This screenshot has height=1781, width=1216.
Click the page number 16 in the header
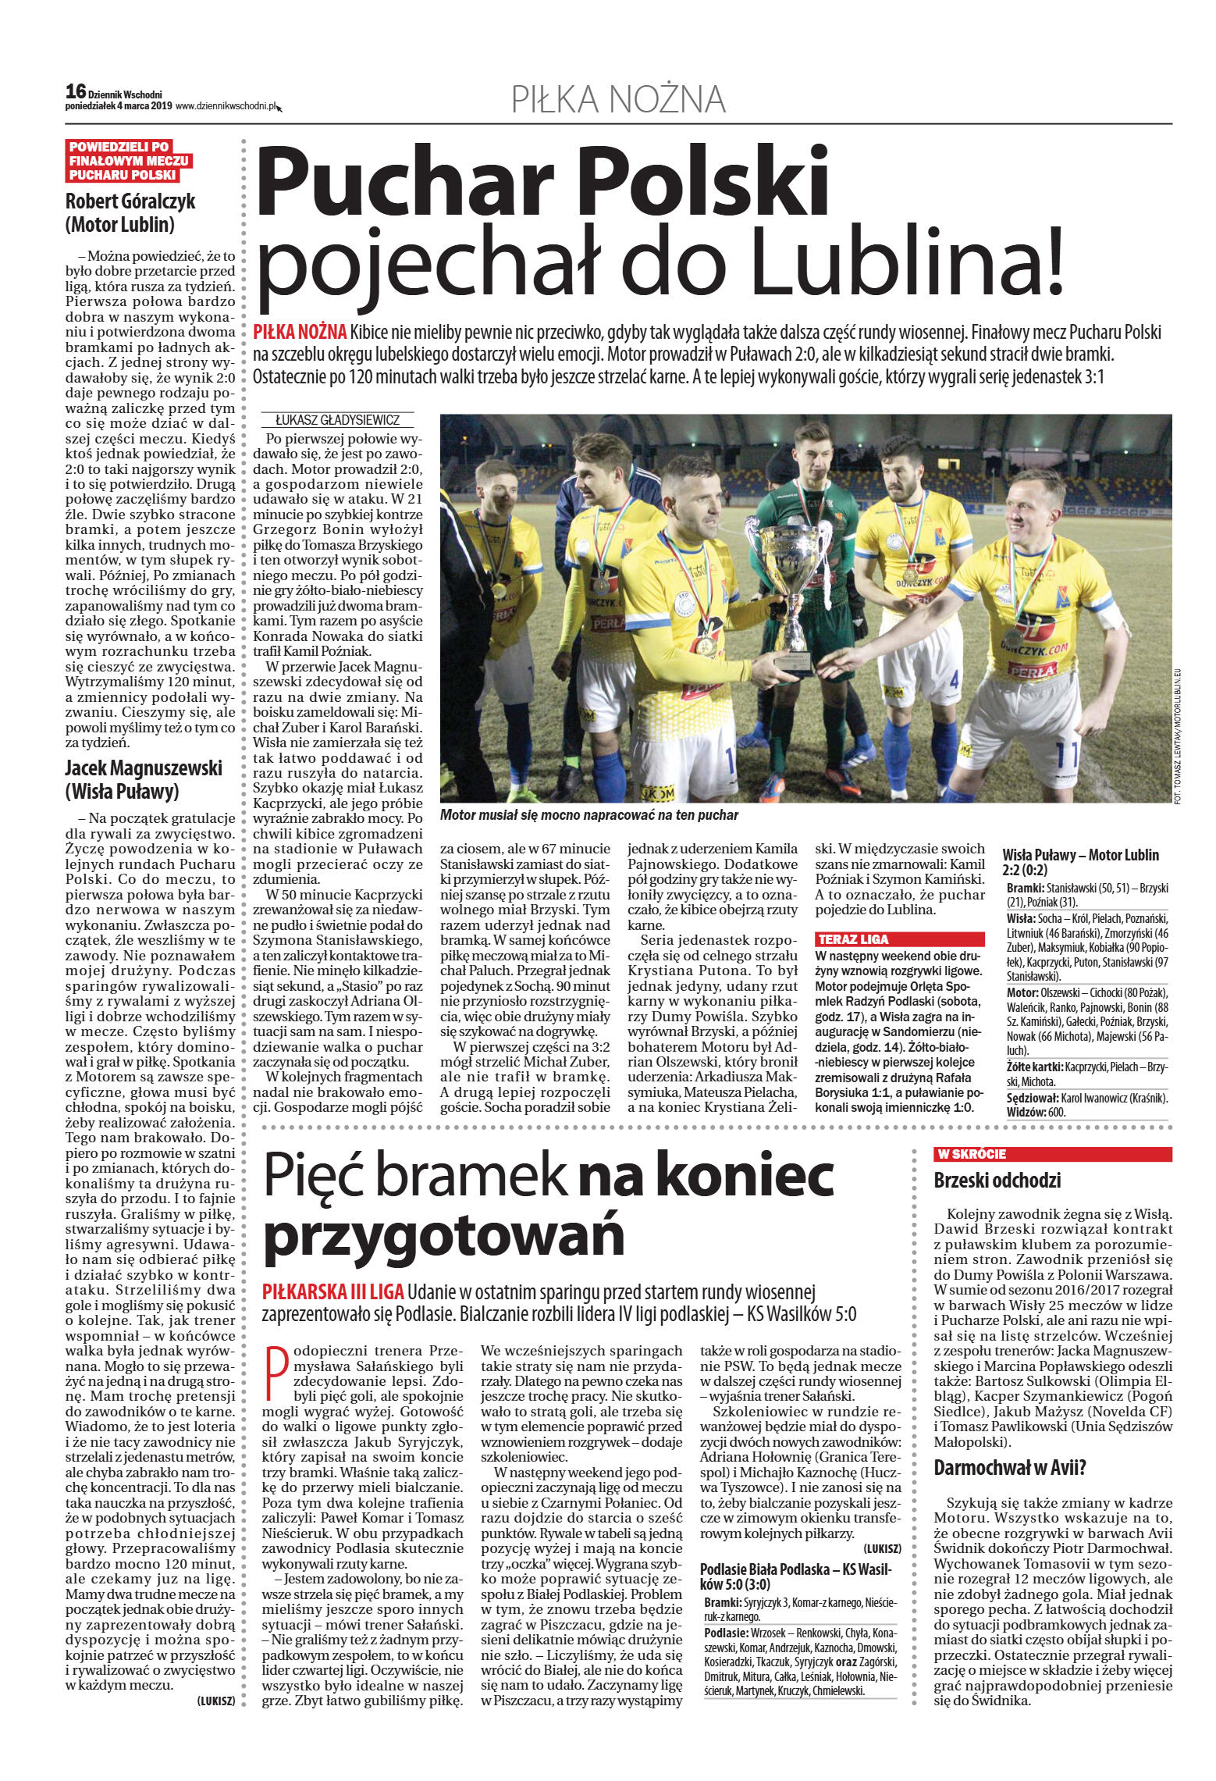tap(75, 91)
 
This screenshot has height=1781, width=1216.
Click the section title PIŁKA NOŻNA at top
tap(618, 99)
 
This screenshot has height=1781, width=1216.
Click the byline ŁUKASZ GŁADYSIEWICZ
tap(337, 420)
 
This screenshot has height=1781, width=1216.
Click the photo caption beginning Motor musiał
tap(588, 815)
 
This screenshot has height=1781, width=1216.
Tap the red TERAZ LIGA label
tap(852, 939)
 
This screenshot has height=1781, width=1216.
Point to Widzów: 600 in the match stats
tap(1036, 1112)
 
